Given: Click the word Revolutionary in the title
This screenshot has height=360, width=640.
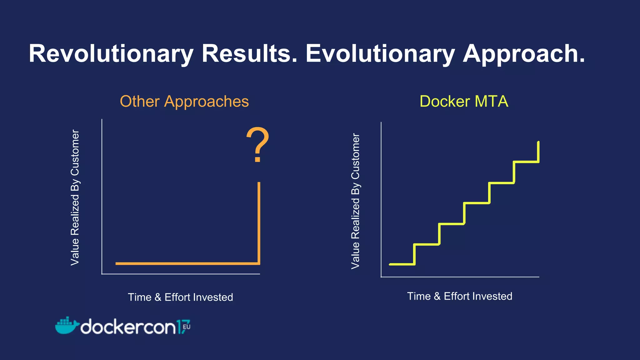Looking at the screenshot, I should pyautogui.click(x=111, y=54).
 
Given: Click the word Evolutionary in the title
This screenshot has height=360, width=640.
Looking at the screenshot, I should pyautogui.click(x=380, y=54).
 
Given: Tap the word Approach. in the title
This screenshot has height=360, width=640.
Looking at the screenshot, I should pyautogui.click(x=523, y=54).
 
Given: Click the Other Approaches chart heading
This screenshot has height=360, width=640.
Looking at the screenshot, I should pyautogui.click(x=184, y=102).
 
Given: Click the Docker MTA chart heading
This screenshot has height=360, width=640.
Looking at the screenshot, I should pyautogui.click(x=464, y=102).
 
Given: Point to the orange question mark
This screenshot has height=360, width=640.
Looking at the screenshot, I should pyautogui.click(x=257, y=144).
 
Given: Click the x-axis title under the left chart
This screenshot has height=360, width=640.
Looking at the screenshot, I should pyautogui.click(x=180, y=297).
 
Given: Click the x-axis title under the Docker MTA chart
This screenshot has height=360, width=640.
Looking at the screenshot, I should pyautogui.click(x=459, y=296).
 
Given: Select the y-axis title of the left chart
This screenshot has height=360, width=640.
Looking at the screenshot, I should pyautogui.click(x=75, y=197).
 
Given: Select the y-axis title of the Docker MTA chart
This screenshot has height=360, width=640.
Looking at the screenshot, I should pyautogui.click(x=355, y=201).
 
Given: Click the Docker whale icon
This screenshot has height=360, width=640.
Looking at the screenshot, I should pyautogui.click(x=66, y=326).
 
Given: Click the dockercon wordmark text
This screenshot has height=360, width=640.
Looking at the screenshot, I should pyautogui.click(x=128, y=327).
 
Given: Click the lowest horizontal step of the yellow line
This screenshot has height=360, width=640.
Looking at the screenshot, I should pyautogui.click(x=402, y=264).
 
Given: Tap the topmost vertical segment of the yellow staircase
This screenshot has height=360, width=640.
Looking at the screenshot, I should pyautogui.click(x=538, y=152).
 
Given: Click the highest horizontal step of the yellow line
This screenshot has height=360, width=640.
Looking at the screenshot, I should pyautogui.click(x=526, y=162).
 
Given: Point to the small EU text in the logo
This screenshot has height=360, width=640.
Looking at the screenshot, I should pyautogui.click(x=187, y=327).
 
